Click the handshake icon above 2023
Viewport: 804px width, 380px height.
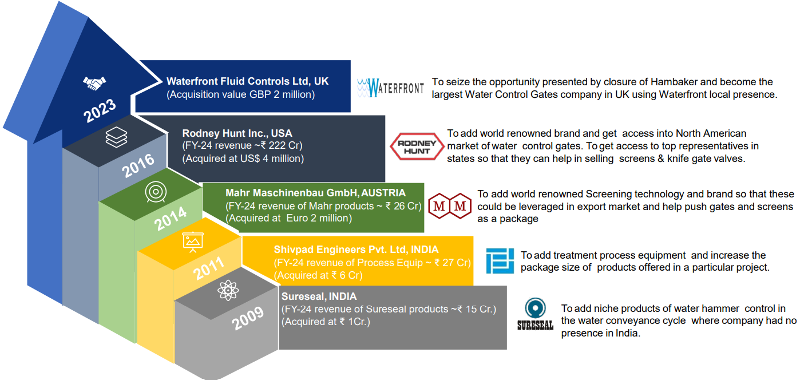[95, 84]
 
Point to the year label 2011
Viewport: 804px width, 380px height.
[209, 268]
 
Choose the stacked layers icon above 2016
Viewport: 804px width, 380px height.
[117, 138]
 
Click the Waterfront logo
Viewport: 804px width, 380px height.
[390, 88]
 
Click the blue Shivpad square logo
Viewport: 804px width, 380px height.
[500, 261]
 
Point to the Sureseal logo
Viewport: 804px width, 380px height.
[535, 315]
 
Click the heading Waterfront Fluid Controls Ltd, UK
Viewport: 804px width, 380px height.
[247, 82]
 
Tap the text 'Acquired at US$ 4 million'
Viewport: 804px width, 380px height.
[243, 159]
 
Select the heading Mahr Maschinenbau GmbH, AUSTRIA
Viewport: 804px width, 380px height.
[315, 193]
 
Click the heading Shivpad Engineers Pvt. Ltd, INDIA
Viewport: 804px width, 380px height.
[356, 250]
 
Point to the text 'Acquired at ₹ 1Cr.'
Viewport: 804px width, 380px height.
[326, 322]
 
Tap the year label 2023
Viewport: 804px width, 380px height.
[100, 110]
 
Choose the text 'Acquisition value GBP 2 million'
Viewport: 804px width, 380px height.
[240, 94]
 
